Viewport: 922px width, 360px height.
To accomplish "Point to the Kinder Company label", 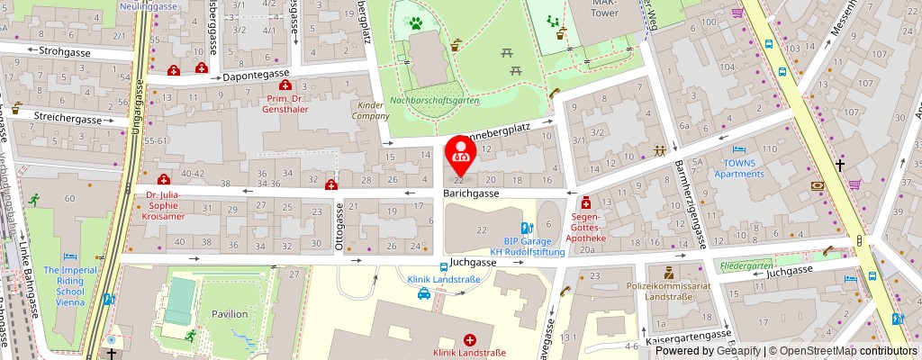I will [x=368, y=111].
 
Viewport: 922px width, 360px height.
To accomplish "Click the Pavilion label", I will [x=230, y=314].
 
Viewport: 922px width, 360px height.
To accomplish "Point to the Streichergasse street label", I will [x=67, y=118].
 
